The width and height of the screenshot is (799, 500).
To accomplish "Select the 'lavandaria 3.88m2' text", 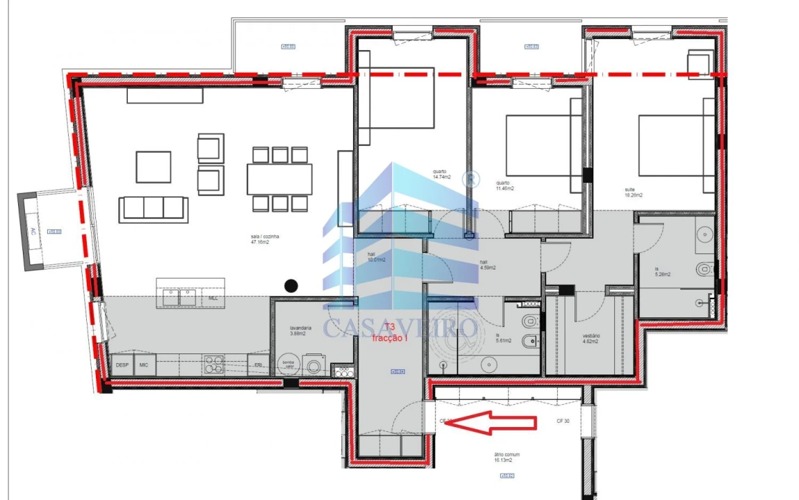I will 301,331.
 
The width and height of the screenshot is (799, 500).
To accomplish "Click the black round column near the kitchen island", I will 291,285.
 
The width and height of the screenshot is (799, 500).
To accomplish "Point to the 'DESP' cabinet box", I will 122,365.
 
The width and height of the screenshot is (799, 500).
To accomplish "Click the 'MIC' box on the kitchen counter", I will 145,365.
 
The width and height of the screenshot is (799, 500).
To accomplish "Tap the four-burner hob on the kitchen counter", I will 213,365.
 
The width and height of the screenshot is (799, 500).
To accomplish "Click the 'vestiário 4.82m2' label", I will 591,338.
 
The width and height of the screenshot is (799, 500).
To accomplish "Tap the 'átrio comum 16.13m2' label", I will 507,457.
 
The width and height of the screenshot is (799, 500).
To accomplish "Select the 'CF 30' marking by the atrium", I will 563,421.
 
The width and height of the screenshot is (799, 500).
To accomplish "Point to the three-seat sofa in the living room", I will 153,209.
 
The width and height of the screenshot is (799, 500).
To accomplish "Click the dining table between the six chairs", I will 279,179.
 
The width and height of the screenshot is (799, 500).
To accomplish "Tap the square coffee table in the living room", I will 153,167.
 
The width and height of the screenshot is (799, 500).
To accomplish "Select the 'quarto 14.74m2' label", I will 440,174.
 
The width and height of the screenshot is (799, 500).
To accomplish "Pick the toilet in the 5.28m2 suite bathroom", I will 703,266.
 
